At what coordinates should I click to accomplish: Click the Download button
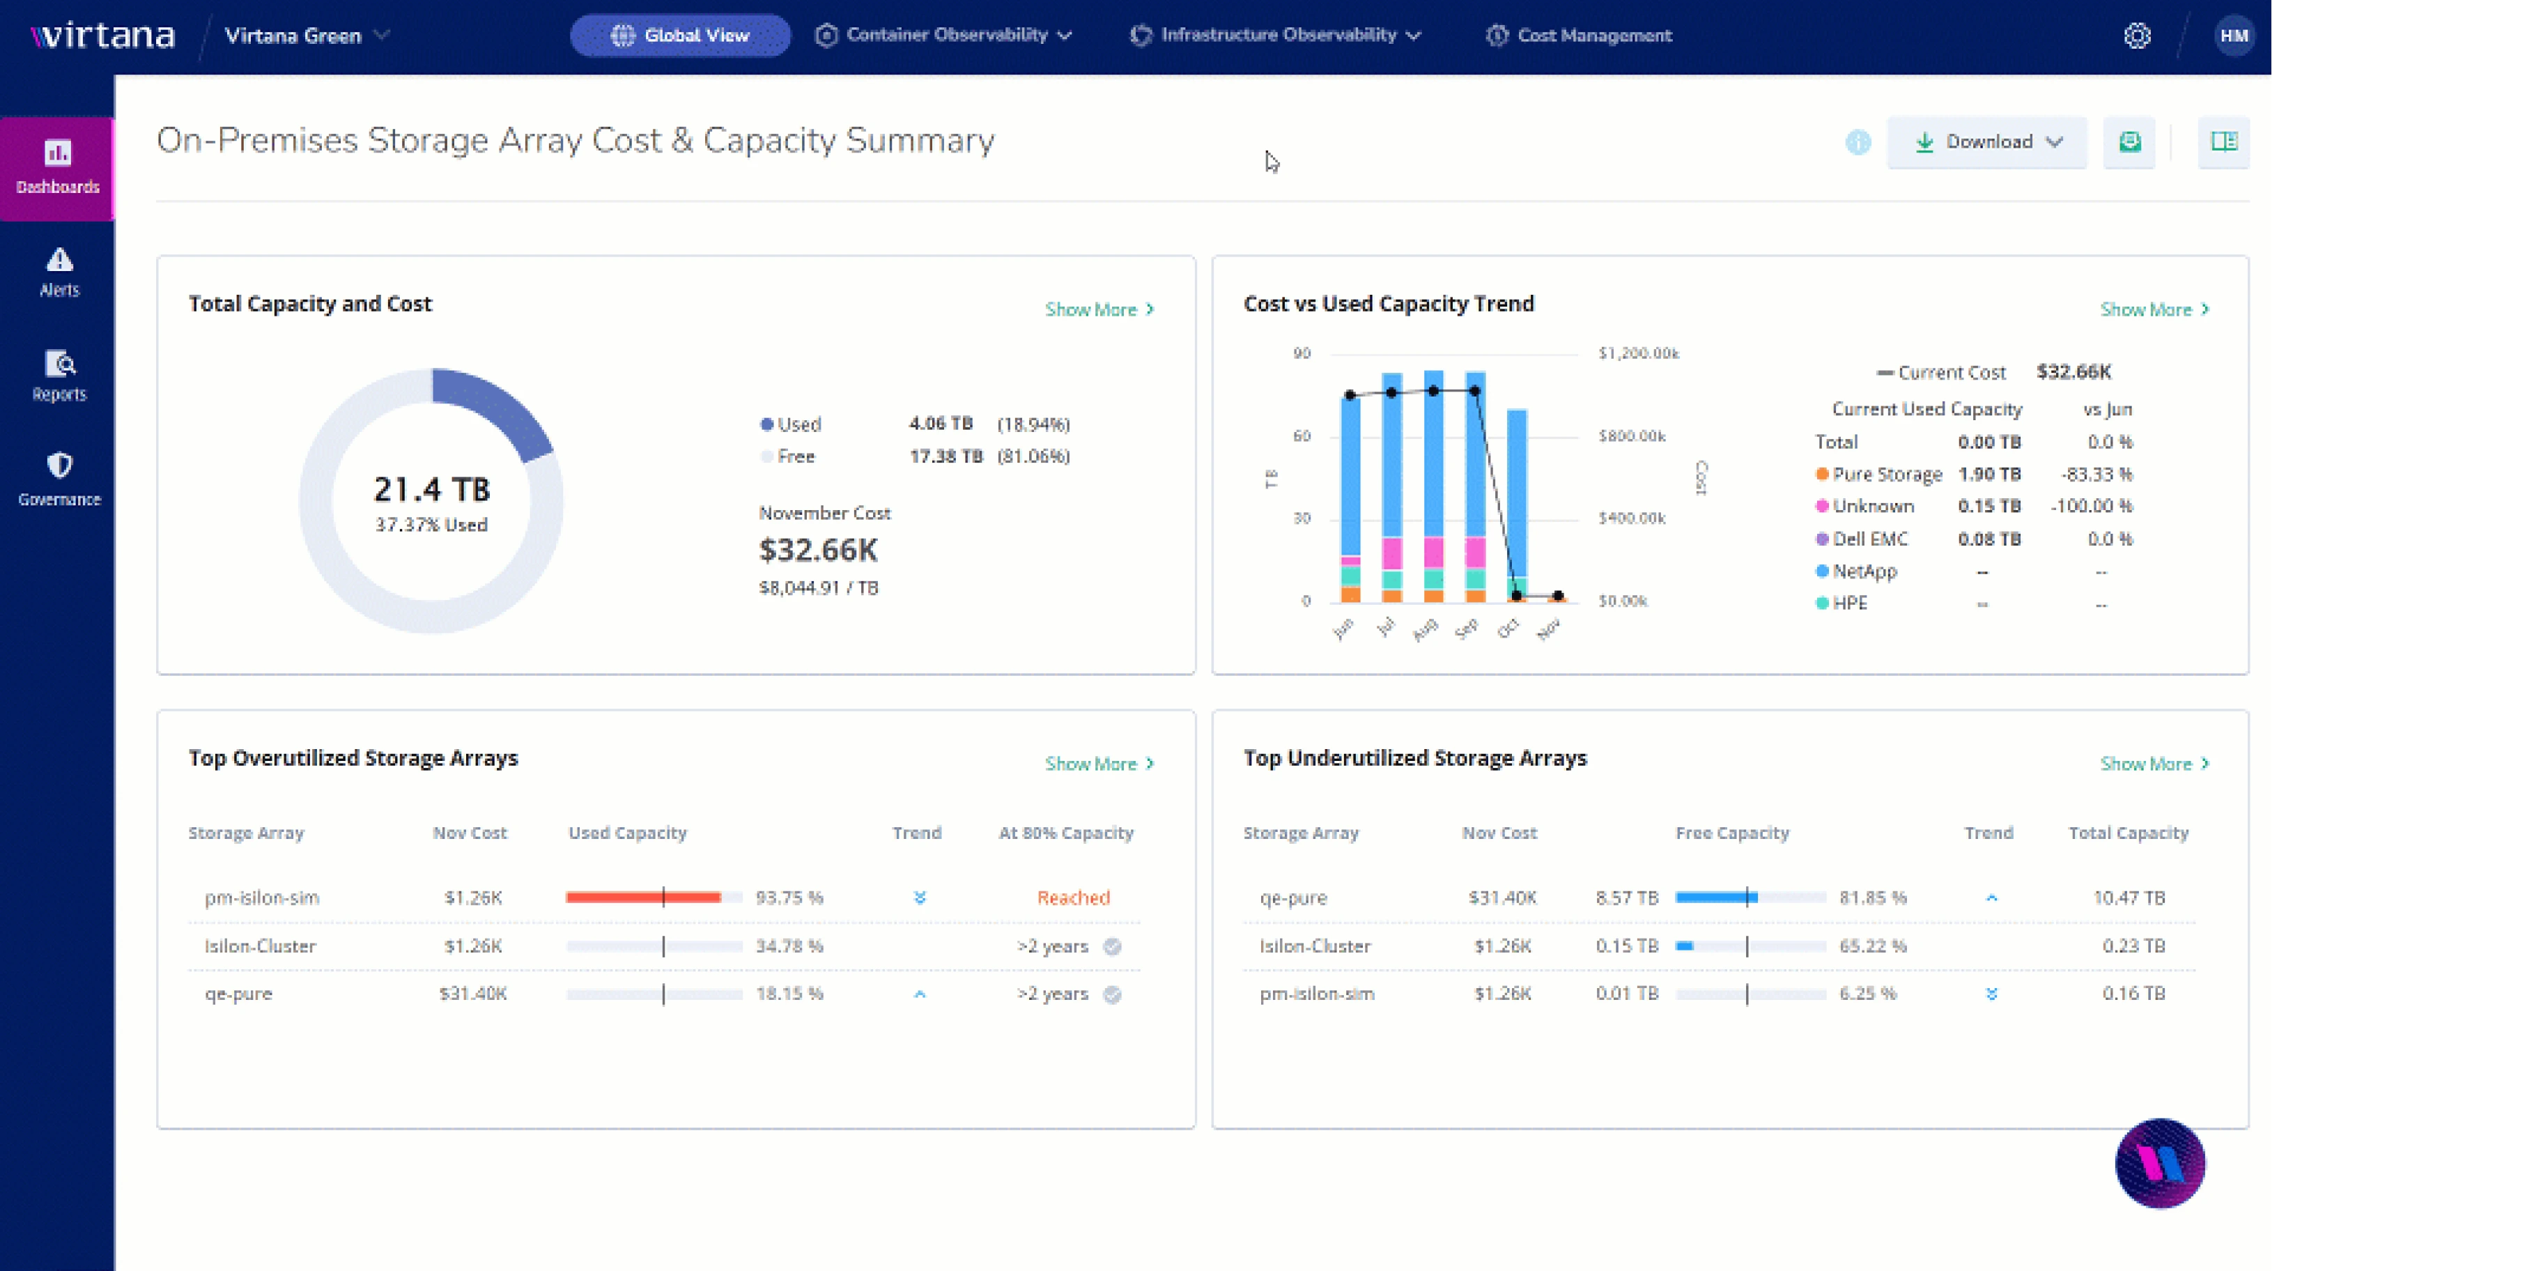coord(1987,142)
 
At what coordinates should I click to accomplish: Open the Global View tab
coord(680,36)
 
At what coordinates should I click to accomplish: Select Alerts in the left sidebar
coord(59,272)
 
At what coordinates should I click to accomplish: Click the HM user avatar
coord(2233,36)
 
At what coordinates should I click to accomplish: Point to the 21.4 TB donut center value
coord(431,489)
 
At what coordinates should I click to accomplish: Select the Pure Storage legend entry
coord(1886,475)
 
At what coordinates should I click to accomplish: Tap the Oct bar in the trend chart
coord(1515,500)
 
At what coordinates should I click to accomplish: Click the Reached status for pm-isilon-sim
coord(1073,898)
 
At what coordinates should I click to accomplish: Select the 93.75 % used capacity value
coord(789,898)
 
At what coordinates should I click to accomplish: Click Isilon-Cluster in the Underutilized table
coord(1315,946)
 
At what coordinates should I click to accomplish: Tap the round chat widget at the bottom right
coord(2159,1163)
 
